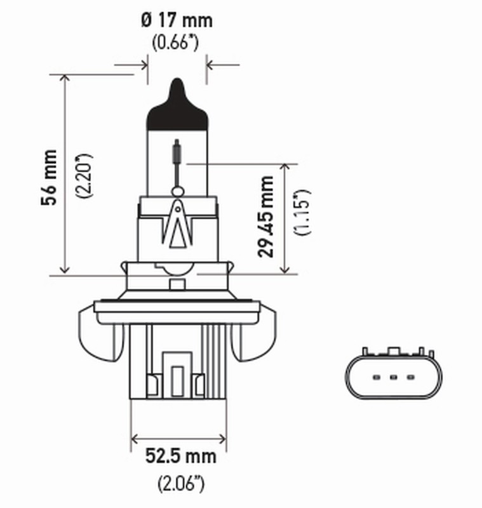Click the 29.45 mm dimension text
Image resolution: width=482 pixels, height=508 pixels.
(x=267, y=217)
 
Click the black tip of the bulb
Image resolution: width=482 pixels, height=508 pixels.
(x=178, y=105)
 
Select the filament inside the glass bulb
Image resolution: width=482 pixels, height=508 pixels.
(x=178, y=156)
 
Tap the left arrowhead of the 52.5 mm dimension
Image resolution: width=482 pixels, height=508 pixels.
(x=135, y=438)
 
